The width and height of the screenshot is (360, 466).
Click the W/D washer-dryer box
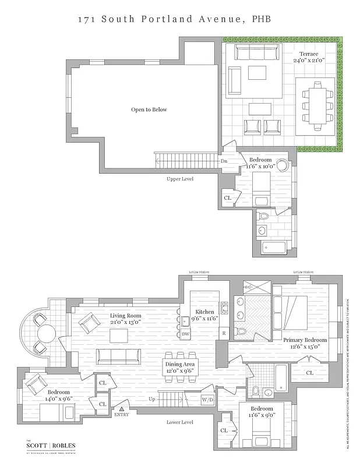(x=207, y=400)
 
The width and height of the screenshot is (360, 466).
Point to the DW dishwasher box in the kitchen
(x=185, y=333)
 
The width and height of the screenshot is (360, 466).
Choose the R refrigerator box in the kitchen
(x=223, y=333)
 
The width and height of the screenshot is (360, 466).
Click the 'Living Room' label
(x=126, y=316)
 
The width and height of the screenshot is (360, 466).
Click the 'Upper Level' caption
(x=180, y=179)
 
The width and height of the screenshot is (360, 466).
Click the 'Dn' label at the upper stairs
(x=224, y=161)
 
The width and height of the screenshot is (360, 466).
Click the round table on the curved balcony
(x=46, y=334)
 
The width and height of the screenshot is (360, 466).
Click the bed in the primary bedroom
(x=294, y=312)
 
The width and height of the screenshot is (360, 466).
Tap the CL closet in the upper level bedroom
(x=227, y=198)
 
